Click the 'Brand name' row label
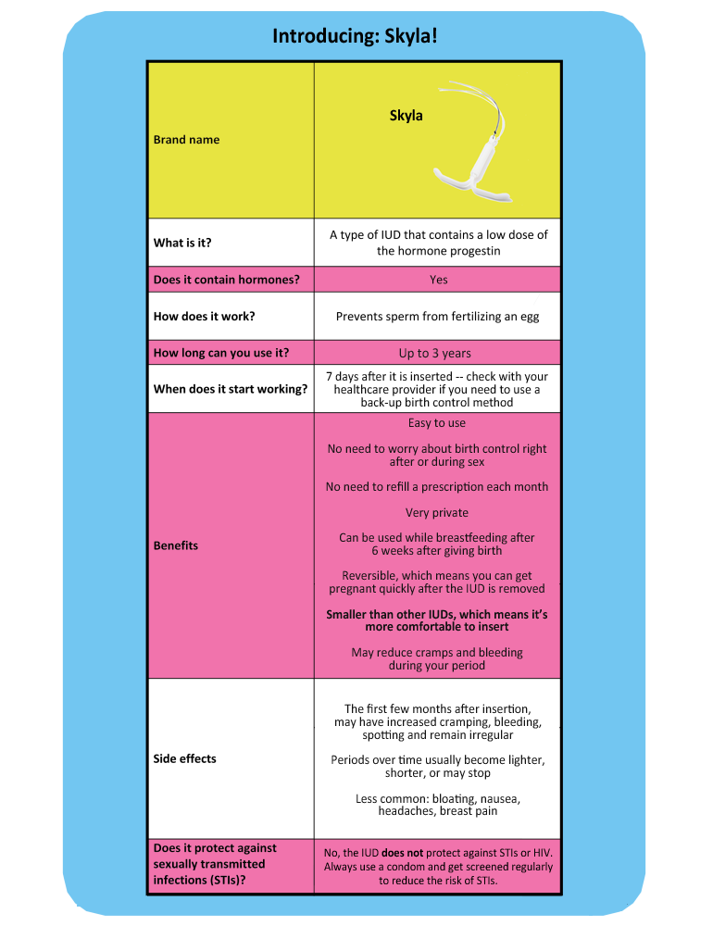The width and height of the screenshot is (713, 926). [x=186, y=140]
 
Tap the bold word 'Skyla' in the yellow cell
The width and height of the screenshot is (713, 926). [x=406, y=116]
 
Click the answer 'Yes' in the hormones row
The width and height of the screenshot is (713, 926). [x=438, y=280]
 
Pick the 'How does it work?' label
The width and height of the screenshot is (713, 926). [x=204, y=316]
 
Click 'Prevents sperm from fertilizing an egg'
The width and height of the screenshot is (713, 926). [x=437, y=316]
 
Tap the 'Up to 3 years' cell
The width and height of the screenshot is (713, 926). [x=434, y=353]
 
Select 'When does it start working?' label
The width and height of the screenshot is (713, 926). [x=230, y=389]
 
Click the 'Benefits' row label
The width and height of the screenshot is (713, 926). [x=175, y=545]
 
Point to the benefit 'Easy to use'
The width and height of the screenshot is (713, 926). [x=437, y=423]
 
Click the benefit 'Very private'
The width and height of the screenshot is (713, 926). [x=437, y=512]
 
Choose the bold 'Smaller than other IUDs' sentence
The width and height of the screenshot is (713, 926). [x=437, y=620]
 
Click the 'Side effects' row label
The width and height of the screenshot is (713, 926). [x=184, y=758]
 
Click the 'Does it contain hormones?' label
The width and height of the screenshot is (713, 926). [x=226, y=280]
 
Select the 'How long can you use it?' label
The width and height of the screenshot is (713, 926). [x=221, y=353]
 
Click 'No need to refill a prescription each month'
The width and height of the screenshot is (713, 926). [x=437, y=486]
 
